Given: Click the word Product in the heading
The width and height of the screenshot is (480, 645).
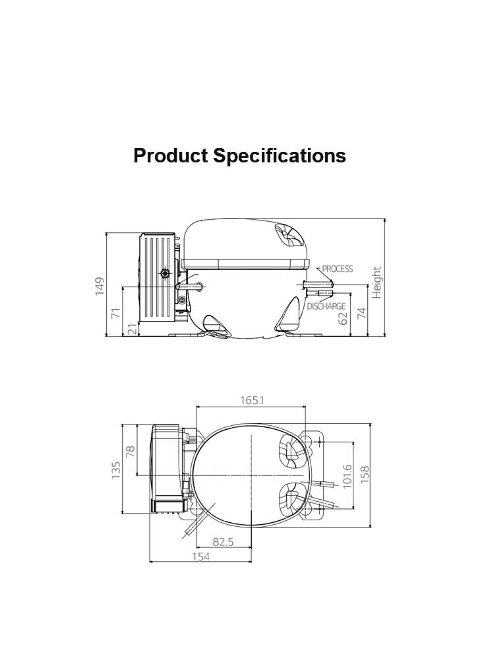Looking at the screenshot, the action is [x=171, y=156].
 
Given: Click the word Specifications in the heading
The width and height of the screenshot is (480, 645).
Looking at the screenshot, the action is [x=280, y=156].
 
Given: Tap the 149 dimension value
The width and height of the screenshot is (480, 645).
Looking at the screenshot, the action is [x=100, y=286].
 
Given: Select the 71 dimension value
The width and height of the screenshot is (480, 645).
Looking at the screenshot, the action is [x=117, y=313].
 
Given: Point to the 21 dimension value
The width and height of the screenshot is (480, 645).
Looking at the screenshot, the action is [x=133, y=329].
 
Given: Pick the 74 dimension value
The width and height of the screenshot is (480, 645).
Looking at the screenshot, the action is [x=361, y=313].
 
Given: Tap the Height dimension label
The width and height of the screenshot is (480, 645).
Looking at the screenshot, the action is [x=377, y=282].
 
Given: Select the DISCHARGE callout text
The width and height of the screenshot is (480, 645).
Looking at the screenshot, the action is [x=326, y=306].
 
